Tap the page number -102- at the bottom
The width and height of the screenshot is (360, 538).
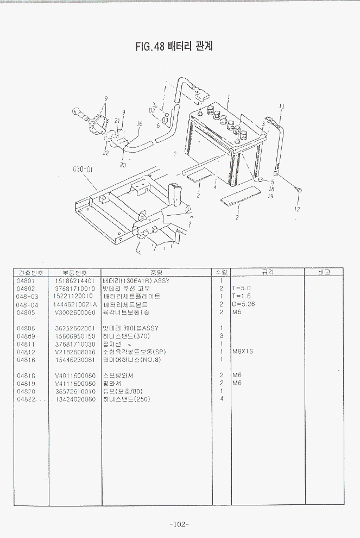179,524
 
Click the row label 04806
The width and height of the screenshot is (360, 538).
26,328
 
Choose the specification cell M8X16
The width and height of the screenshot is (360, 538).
243,352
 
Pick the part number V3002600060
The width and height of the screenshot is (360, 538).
75,312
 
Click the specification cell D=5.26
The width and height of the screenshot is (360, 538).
243,304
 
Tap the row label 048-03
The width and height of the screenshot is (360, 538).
27,297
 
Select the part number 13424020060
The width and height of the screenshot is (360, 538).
75,399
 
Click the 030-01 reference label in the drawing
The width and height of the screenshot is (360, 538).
83,169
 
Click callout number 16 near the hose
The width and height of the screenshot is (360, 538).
140,124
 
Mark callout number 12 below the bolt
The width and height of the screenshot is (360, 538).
296,209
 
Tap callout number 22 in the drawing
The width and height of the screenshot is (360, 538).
105,153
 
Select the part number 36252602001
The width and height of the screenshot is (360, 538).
75,328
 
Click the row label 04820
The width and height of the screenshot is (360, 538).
26,391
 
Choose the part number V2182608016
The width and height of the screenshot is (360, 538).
75,352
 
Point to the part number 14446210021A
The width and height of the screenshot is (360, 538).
76,304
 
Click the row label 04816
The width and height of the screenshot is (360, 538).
26,360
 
